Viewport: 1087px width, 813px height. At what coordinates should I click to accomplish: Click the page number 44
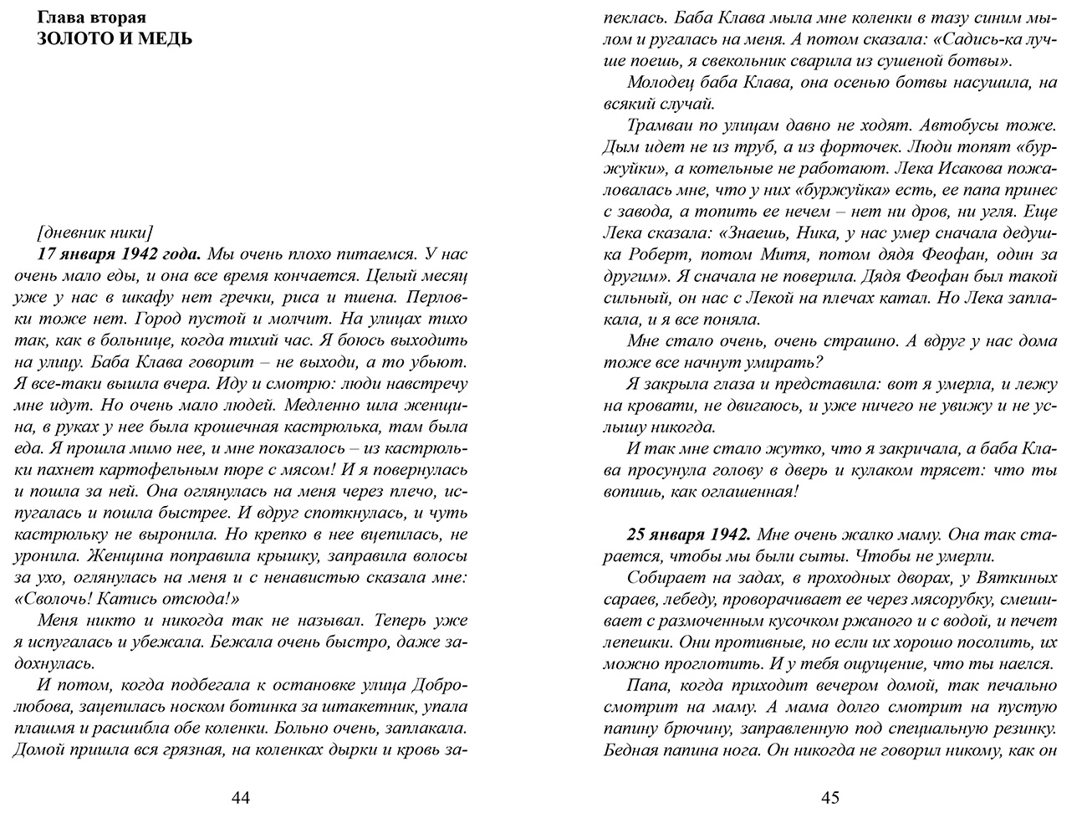pyautogui.click(x=240, y=797)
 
